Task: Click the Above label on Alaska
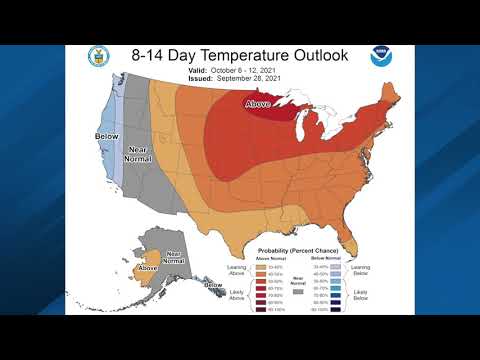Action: pyautogui.click(x=148, y=268)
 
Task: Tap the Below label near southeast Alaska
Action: pyautogui.click(x=212, y=285)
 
